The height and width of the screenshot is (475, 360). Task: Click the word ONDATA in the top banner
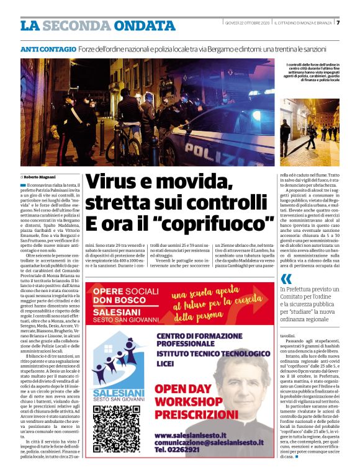tap(145, 25)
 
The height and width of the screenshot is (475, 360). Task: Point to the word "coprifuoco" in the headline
tap(222, 222)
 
